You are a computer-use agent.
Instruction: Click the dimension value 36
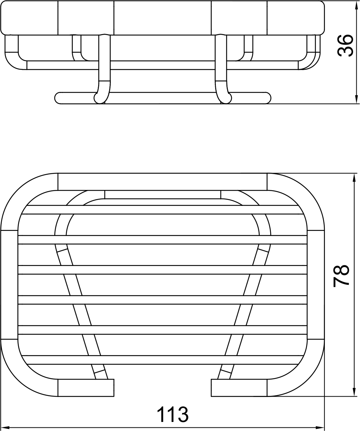[x=345, y=45]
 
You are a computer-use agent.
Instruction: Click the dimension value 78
[x=341, y=276]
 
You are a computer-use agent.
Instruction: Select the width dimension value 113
[x=173, y=414]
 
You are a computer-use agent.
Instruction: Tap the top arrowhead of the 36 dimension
[x=356, y=5]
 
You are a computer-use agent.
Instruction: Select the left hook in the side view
[x=102, y=69]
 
